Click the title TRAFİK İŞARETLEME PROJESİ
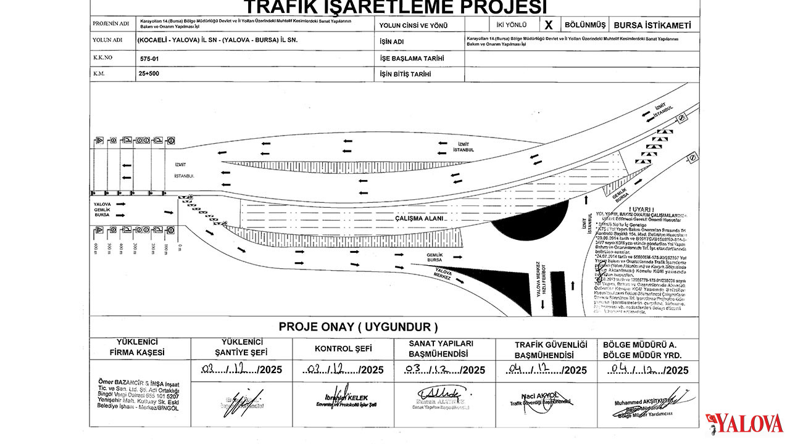point(395,7)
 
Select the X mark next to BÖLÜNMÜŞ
point(549,25)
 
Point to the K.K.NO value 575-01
point(150,59)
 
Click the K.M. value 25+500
point(151,74)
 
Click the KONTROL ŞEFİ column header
point(343,348)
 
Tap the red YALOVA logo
point(744,423)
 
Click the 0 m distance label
point(180,247)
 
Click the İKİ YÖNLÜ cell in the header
point(503,25)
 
